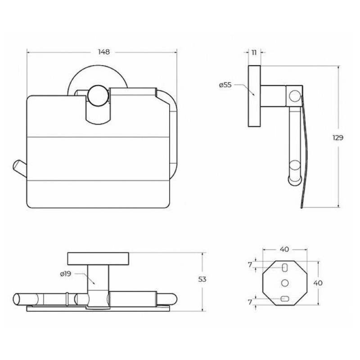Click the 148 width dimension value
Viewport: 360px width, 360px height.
click(104, 52)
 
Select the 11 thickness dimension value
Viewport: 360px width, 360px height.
click(254, 53)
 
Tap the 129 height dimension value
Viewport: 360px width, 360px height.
click(338, 138)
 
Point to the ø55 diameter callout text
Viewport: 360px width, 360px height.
click(225, 85)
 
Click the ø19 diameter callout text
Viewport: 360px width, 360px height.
click(66, 274)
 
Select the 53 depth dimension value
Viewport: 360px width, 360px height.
click(202, 279)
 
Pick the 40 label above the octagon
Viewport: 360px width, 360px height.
click(284, 249)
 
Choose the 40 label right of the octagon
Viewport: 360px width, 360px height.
click(318, 283)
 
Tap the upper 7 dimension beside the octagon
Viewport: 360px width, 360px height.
click(250, 265)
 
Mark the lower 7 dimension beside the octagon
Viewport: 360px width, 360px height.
click(250, 302)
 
